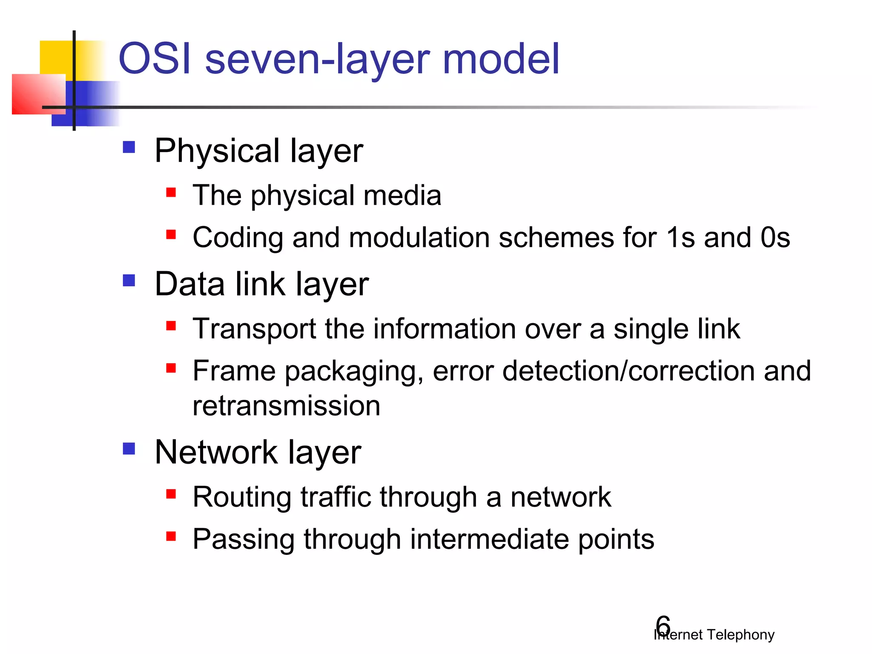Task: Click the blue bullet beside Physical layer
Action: point(129,147)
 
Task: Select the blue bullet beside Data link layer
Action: point(129,281)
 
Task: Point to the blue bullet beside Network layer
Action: point(129,449)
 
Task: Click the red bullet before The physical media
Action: point(171,192)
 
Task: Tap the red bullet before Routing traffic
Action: point(171,494)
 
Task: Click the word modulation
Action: point(419,237)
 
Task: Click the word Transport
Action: point(254,329)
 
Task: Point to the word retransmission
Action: point(286,406)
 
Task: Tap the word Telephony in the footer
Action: point(740,634)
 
